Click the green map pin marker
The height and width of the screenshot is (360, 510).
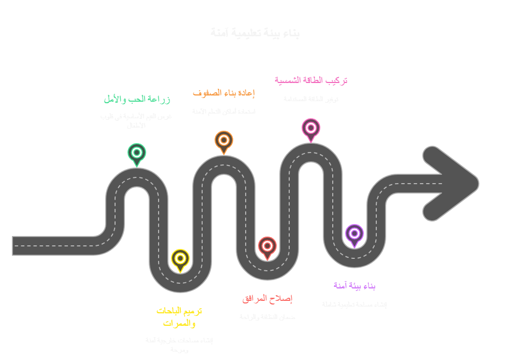(x=137, y=153)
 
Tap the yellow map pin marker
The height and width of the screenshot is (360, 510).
(x=180, y=258)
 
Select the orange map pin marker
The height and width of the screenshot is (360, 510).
(x=224, y=140)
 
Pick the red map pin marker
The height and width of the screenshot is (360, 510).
(x=267, y=246)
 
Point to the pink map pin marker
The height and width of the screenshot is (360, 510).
(x=311, y=128)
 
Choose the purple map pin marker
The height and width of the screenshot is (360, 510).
(x=355, y=233)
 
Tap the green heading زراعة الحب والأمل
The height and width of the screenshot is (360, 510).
(x=137, y=99)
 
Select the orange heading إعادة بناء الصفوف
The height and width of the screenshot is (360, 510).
(x=224, y=93)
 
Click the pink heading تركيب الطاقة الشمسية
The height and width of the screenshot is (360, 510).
(x=311, y=80)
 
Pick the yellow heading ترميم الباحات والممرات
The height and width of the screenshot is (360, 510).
(x=179, y=317)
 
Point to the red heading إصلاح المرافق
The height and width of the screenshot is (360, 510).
(x=267, y=298)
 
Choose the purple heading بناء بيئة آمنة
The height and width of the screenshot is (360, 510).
(x=355, y=285)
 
